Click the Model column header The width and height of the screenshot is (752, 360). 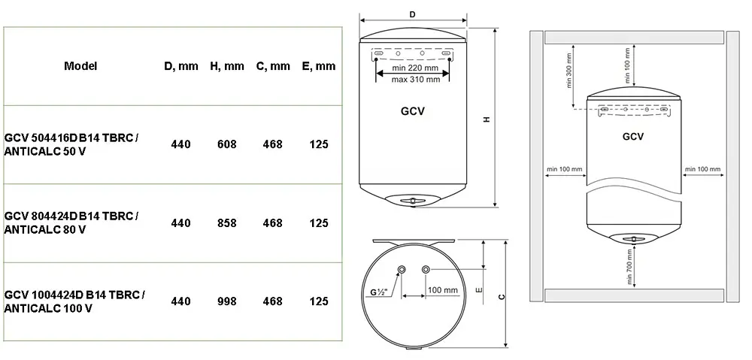coord(80,65)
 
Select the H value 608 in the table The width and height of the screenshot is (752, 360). coord(227,144)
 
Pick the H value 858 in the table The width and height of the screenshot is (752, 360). coord(227,223)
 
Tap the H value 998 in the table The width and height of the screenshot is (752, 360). coord(227,301)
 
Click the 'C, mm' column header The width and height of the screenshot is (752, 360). coord(273,66)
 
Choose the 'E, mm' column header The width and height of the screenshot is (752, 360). coord(319,66)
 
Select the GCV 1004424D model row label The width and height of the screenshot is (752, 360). coord(74,301)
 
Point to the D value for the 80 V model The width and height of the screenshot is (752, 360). coord(180,223)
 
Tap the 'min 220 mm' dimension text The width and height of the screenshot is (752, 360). coord(415,68)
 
